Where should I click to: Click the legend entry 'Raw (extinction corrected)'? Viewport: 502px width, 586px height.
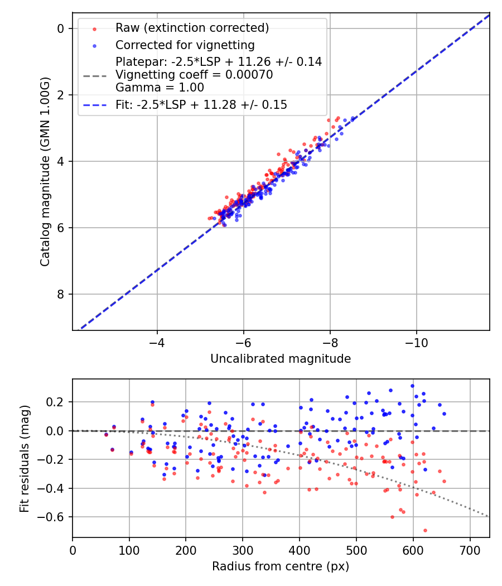point(192,28)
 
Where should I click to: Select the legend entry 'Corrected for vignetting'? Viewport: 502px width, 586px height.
point(185,45)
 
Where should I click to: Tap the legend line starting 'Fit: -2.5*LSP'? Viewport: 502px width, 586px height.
point(201,104)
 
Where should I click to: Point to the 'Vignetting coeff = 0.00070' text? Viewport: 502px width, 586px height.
point(194,75)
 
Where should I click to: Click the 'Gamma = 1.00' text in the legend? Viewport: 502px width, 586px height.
point(160,88)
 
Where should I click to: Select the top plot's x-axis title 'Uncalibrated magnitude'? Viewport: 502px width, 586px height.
point(281,359)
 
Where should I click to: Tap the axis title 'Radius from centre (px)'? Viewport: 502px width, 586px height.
point(281,566)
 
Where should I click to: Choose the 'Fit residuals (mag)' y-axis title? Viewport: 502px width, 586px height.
point(24,459)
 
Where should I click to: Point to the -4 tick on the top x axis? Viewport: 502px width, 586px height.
point(157,342)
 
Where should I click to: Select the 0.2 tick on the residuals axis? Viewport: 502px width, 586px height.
point(57,402)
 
